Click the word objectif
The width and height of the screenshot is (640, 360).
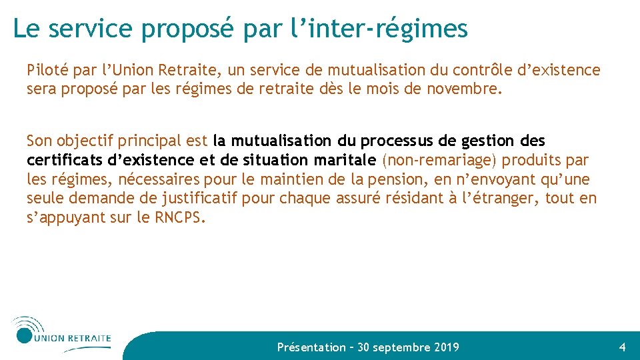(87, 141)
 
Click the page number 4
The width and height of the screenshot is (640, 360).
(622, 347)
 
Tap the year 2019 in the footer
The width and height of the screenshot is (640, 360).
(446, 347)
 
